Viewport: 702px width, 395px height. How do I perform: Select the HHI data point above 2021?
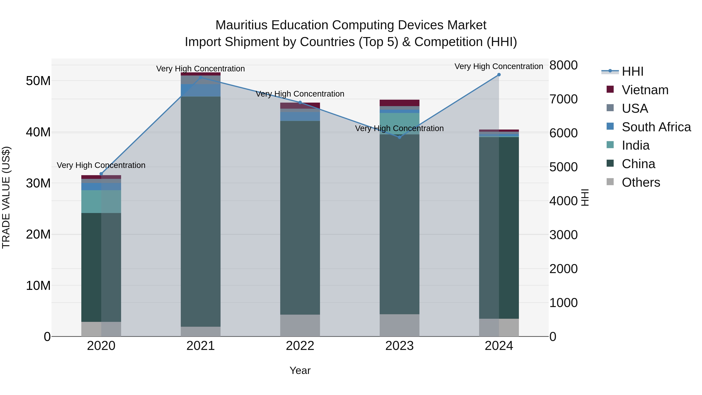click(x=201, y=77)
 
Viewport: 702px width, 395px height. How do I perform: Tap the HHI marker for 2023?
click(x=400, y=137)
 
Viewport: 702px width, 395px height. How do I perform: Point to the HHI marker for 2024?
click(x=499, y=75)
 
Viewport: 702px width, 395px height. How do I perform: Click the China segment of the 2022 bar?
click(x=300, y=218)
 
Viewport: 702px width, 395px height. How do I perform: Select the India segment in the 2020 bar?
click(x=101, y=201)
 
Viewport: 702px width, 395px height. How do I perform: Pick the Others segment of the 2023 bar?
click(x=400, y=325)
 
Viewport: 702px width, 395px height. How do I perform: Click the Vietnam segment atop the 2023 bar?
click(x=400, y=103)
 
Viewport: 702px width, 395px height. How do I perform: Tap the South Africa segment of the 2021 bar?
click(x=201, y=90)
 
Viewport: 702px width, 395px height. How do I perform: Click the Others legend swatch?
click(x=610, y=182)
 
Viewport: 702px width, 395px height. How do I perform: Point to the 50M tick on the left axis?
click(x=38, y=81)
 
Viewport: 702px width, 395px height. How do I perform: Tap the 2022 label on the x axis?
click(x=300, y=346)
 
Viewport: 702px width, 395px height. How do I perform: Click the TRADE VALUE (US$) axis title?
click(x=6, y=198)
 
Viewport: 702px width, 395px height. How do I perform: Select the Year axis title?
click(x=300, y=370)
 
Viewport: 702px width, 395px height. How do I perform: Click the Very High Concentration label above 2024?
click(x=499, y=66)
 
